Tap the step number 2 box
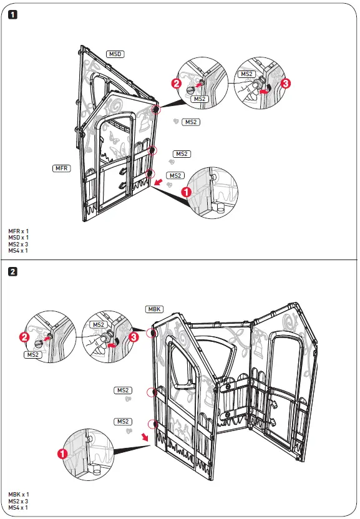point(13,271)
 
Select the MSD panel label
point(115,54)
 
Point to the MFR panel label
point(62,168)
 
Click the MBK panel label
point(154,309)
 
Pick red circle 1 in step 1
point(185,193)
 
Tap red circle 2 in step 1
point(177,83)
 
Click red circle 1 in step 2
point(62,454)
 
